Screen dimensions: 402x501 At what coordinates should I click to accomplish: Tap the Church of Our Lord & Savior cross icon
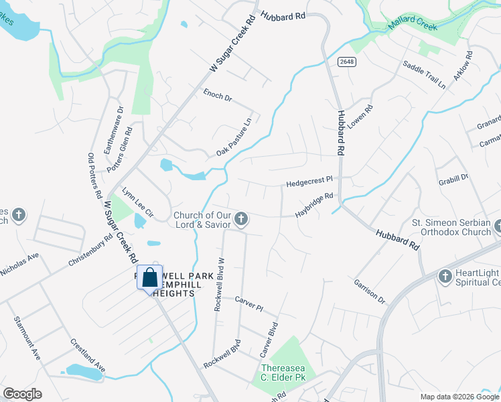[242, 219]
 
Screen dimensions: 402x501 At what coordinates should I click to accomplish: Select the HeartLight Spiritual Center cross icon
[445, 276]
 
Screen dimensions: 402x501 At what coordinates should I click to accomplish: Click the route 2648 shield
[344, 62]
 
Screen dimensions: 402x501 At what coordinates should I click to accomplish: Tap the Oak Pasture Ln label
[234, 137]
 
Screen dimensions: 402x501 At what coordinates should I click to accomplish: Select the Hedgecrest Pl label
[309, 181]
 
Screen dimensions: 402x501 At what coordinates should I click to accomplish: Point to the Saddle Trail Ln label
[424, 74]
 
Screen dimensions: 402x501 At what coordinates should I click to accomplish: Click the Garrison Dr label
[370, 291]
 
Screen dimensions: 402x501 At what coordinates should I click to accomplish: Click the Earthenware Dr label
[113, 130]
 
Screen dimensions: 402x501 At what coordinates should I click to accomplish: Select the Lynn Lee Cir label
[138, 203]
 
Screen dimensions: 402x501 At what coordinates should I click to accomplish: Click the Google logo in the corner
[22, 394]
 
